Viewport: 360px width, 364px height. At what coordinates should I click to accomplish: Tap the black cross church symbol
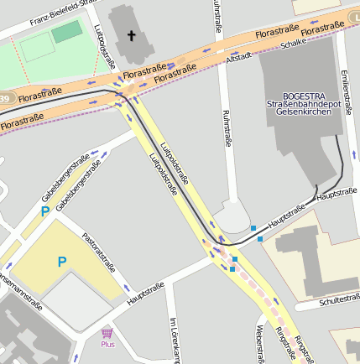(x=130, y=36)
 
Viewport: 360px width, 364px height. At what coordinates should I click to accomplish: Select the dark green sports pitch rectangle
(x=67, y=33)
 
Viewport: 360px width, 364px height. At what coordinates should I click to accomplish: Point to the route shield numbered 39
(x=4, y=100)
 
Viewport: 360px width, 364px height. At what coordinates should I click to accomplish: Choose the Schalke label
(x=294, y=44)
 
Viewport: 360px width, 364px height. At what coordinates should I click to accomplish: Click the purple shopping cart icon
(x=107, y=333)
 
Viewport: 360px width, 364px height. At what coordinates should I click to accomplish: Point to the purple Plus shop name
(x=107, y=344)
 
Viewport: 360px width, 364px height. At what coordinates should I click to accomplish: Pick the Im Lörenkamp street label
(x=175, y=341)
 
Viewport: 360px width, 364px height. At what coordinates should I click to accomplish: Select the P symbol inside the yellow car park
(x=61, y=263)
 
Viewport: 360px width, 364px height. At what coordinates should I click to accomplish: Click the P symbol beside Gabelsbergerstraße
(x=44, y=212)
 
